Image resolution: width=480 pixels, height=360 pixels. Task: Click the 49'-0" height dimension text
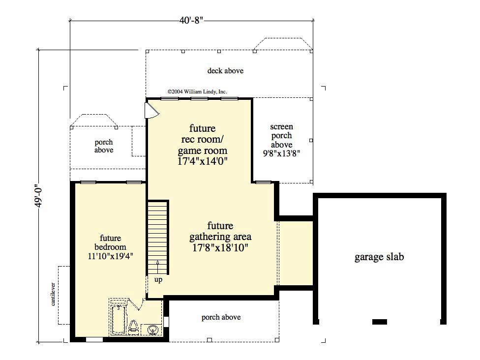37,196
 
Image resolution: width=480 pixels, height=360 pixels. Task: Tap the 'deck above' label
225,71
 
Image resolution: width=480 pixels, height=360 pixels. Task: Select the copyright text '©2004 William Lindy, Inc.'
197,91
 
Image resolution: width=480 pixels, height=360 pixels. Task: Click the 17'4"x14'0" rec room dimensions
202,161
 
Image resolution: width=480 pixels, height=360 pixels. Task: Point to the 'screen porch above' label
281,136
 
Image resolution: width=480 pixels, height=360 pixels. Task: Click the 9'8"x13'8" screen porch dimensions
281,153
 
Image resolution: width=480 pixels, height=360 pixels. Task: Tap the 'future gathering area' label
220,231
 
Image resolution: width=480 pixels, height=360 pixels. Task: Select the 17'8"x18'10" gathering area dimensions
220,248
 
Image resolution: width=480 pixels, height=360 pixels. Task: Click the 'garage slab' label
379,257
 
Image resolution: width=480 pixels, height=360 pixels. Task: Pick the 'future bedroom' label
110,242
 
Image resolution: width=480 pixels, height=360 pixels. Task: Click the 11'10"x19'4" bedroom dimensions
110,256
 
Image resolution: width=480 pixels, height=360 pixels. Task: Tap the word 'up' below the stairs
158,280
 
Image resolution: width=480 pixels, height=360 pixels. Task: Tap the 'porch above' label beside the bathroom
221,317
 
